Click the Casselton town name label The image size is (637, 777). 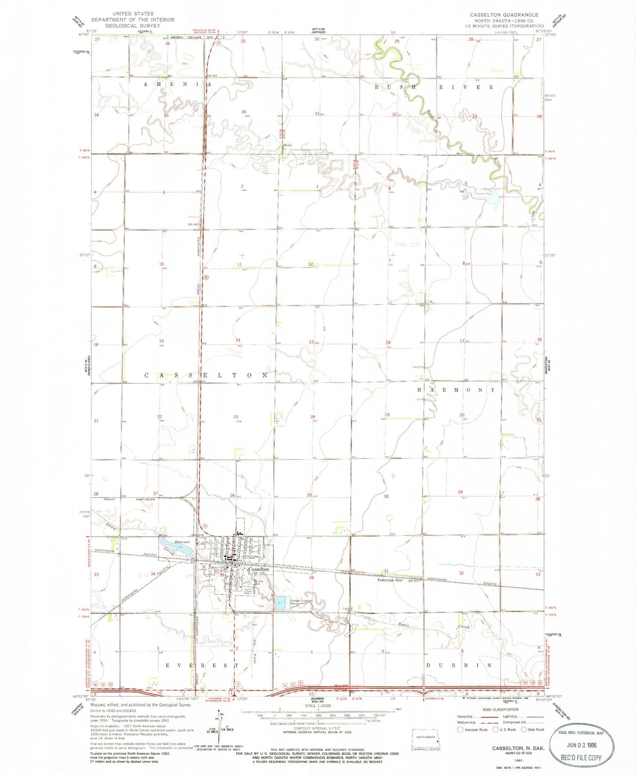click(259, 569)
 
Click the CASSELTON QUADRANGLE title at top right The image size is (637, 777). click(504, 15)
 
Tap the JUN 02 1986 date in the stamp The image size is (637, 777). click(582, 745)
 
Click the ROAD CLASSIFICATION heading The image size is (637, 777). click(500, 709)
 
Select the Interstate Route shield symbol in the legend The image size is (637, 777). click(460, 730)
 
